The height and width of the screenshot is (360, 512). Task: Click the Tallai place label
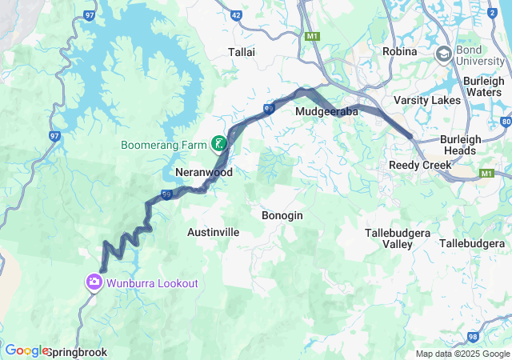point(242,51)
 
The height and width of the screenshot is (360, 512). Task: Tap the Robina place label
point(399,51)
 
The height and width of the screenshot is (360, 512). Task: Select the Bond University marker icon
point(443,54)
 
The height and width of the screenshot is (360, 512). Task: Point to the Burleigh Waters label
point(483,86)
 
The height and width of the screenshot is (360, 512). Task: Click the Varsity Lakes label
point(427,100)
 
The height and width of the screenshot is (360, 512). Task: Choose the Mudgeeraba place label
point(327,113)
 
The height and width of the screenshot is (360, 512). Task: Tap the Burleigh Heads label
point(461,145)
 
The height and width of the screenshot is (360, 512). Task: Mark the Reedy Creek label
point(419,165)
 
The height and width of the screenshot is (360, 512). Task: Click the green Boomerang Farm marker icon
point(218,145)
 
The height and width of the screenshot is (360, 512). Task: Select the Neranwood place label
point(204,172)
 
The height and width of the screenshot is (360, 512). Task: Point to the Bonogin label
point(282,215)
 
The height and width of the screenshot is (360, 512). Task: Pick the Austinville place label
point(213,232)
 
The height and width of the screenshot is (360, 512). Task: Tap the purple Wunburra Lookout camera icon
point(94,282)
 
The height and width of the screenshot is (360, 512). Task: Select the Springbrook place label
point(77,352)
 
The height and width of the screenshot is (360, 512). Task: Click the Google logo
point(26,350)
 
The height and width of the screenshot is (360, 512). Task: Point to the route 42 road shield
point(236,14)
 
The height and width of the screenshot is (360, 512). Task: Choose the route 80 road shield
point(506,122)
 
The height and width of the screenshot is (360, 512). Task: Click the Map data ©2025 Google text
point(462,354)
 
